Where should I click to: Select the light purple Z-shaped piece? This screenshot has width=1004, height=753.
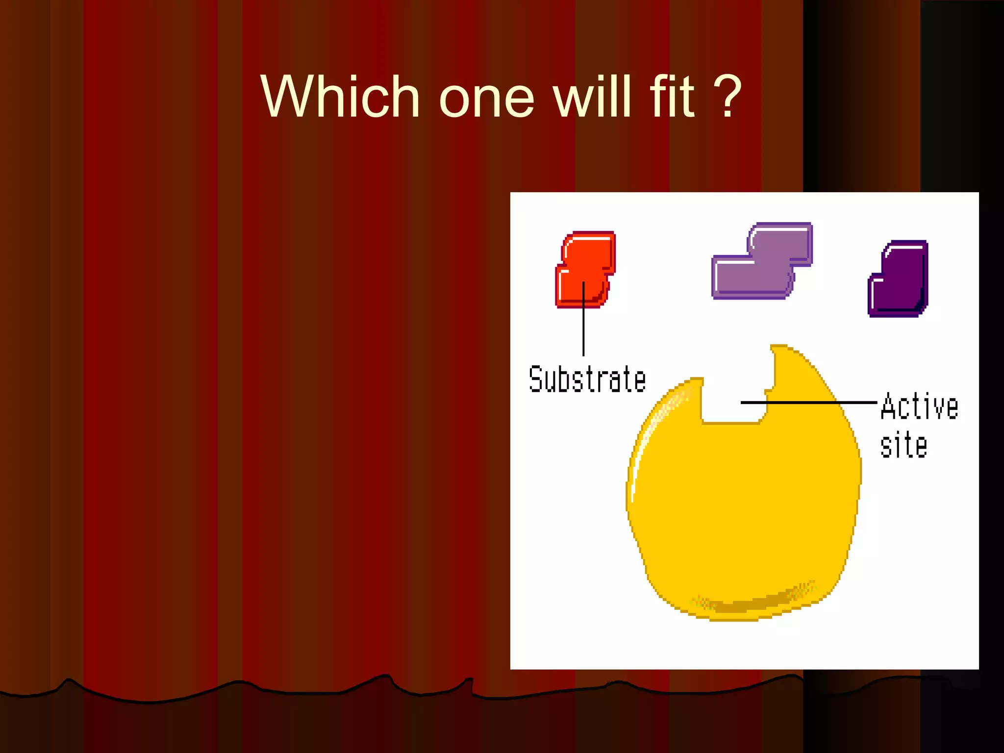pos(762,262)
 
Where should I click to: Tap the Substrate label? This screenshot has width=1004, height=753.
pos(587,380)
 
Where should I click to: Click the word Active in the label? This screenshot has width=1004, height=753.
pos(919,407)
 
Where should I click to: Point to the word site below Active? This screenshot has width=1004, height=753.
pos(904,445)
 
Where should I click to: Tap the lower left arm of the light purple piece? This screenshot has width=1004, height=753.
pos(735,277)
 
